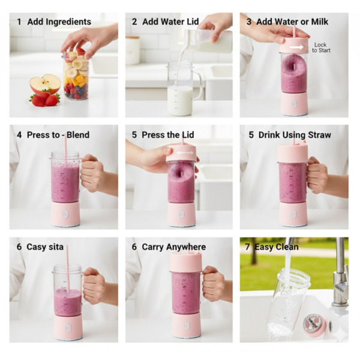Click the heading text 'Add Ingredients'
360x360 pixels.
[x=59, y=22]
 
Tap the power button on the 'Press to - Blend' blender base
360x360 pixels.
[x=65, y=214]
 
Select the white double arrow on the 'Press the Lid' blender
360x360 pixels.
[x=185, y=153]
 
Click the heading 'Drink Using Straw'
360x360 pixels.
[x=294, y=135]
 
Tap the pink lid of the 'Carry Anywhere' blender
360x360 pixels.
[x=185, y=262]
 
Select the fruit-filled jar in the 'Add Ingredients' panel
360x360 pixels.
[x=76, y=76]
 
